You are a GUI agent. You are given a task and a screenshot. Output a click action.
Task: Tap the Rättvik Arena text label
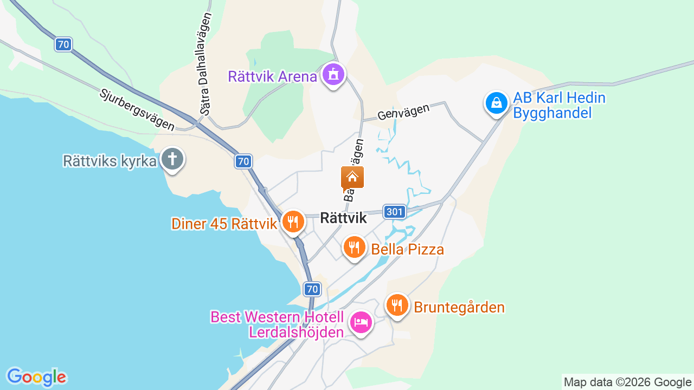[x=272, y=76]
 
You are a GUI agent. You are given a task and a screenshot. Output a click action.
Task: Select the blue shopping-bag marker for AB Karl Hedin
[x=496, y=102]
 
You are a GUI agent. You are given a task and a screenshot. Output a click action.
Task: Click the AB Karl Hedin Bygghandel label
[x=559, y=106]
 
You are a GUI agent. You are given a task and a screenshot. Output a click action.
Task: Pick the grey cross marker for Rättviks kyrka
[x=172, y=159]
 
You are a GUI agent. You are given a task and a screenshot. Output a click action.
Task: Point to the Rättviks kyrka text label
[x=110, y=161]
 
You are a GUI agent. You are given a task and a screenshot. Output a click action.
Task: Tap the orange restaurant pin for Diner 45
[x=293, y=222]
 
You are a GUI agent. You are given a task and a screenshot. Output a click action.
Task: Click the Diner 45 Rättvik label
[x=224, y=224]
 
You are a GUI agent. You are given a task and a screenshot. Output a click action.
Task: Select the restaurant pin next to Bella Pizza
[x=354, y=247]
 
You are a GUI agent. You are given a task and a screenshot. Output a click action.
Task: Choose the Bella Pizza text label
[x=408, y=250]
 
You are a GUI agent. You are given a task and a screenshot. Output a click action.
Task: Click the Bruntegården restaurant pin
[x=397, y=305]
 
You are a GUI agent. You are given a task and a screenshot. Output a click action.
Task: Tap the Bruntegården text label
[x=459, y=308]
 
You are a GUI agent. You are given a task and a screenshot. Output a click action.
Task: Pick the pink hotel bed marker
[x=361, y=322]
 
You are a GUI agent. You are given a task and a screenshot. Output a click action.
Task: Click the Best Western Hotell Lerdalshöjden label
[x=277, y=324]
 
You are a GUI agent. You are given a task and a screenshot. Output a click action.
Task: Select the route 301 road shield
[x=395, y=212]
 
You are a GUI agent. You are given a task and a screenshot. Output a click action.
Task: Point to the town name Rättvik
[x=344, y=218]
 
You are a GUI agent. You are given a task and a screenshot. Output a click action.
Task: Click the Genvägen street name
[x=403, y=112]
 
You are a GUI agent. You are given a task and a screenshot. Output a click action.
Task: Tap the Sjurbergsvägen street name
[x=137, y=109]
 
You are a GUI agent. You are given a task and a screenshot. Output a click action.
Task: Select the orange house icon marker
[x=352, y=177]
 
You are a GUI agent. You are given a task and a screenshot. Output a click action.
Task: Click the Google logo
[x=36, y=377]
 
